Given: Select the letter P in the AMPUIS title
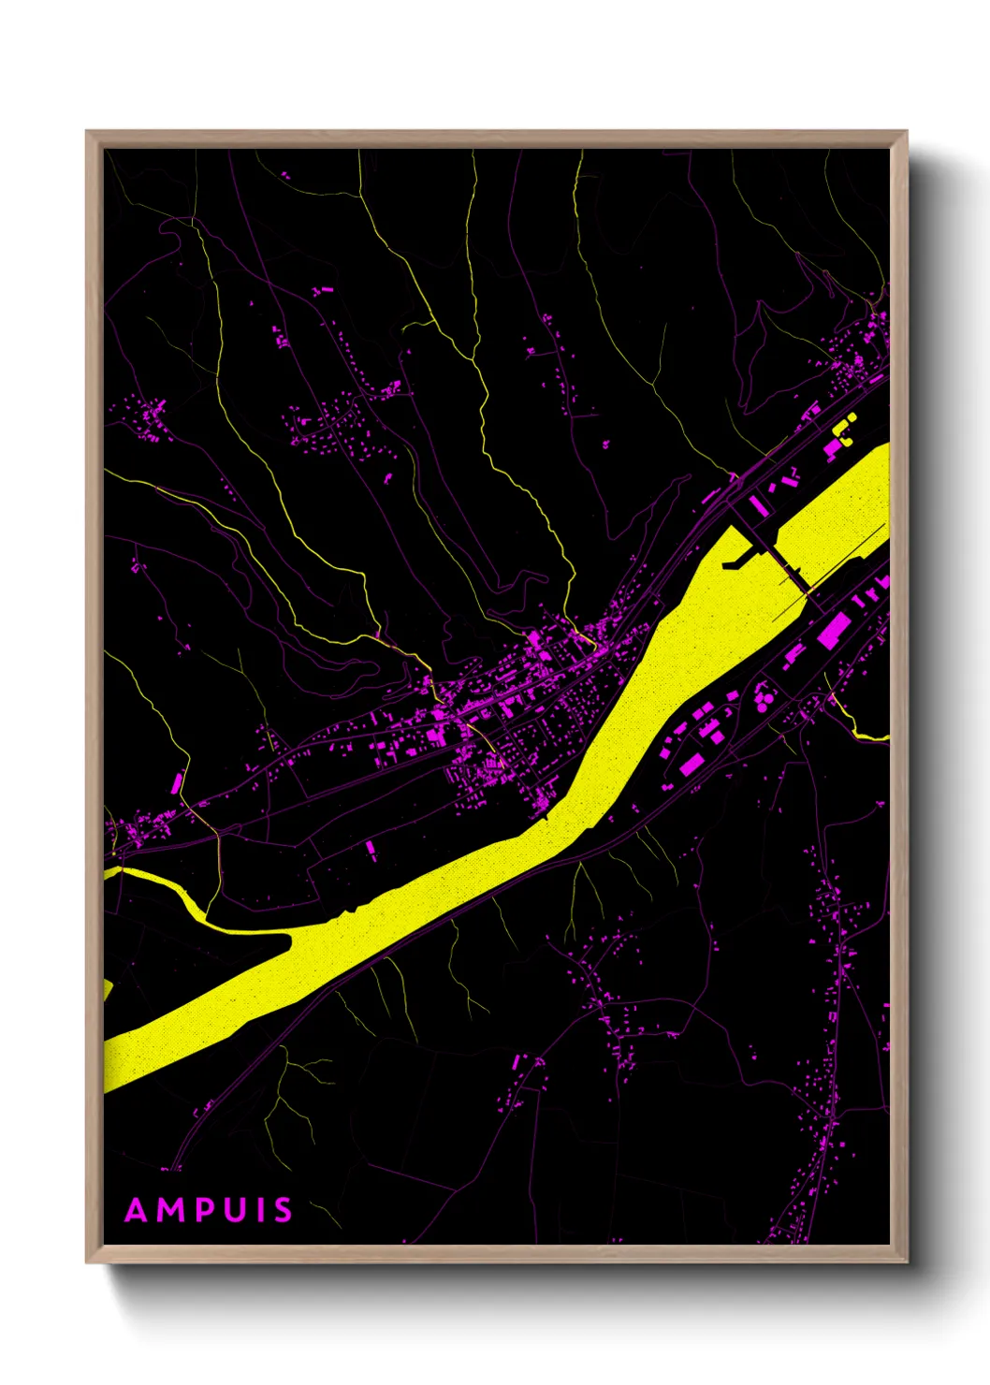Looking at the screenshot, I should coord(206,1210).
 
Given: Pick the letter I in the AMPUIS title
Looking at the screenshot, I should coord(260,1210).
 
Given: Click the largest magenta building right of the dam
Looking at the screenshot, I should coord(833,630).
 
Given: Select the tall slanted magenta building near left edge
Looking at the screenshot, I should coord(177,782).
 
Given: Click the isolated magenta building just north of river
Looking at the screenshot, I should coord(371,850).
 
